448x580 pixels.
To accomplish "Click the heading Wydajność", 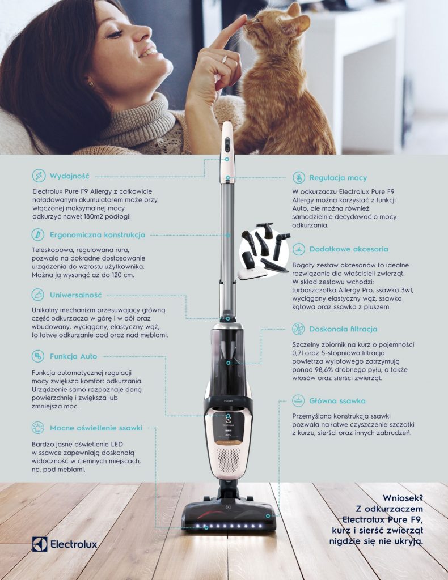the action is pos(70,176).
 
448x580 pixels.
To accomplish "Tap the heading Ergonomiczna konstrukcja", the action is pos(98,235).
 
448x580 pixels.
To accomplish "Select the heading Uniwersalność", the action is pos(75,295).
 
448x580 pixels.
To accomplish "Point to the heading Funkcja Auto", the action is pos(73,357).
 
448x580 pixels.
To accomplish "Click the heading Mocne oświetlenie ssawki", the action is pos(96,428).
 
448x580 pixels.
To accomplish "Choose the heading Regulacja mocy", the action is pos(338,178).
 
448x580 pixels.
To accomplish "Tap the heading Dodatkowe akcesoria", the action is pos(349,249).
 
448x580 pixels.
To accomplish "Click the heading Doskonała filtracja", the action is pos(343,329).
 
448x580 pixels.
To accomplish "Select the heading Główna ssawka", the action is pos(337,401).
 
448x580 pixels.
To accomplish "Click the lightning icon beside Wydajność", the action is pos(39,176).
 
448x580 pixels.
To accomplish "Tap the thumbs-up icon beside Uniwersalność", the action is pos(38,295).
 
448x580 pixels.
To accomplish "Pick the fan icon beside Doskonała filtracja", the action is pos(298,329).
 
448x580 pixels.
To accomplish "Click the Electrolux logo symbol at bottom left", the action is pos(40,544).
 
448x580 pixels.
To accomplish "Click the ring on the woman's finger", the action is pos(225,59).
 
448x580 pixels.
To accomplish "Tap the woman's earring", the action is pos(91,84).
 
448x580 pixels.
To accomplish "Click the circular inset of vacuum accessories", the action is pos(264,251).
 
